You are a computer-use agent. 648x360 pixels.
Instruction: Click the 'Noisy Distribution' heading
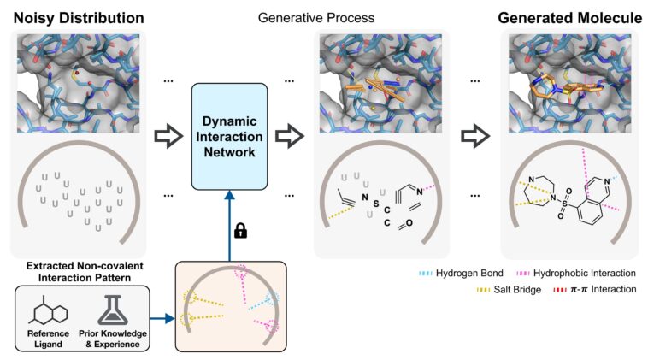click(67, 16)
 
